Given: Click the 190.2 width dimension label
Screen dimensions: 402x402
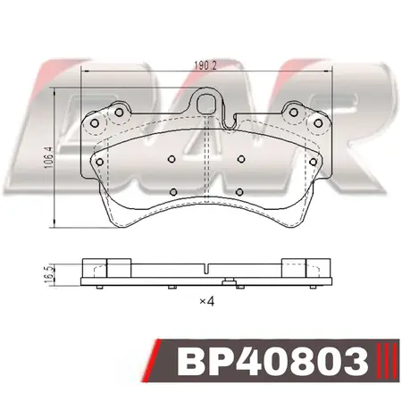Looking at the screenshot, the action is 205,65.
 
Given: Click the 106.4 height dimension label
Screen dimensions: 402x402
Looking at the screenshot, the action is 48,157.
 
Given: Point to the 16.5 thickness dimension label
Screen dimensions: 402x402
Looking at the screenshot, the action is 48,273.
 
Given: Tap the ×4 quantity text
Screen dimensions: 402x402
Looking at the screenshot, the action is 207,302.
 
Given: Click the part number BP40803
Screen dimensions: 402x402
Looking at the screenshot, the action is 272,360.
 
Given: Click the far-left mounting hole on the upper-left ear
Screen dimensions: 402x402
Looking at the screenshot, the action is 95,123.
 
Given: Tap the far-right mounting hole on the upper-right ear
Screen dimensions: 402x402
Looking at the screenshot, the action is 318,123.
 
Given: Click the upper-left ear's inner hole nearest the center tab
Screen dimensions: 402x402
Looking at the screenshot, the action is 119,113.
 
